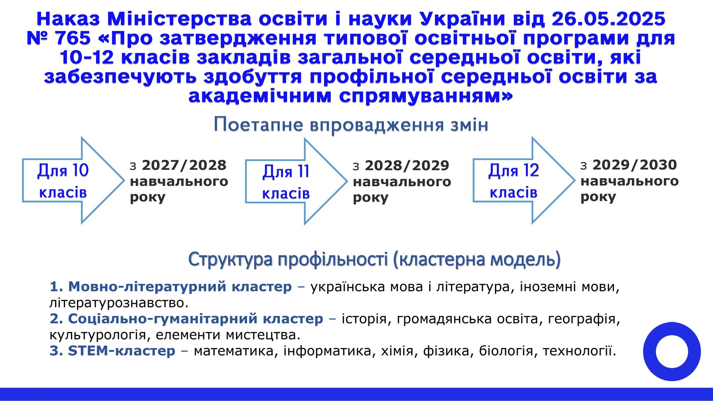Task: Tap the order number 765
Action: click(x=73, y=38)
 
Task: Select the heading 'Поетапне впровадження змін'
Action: click(x=351, y=125)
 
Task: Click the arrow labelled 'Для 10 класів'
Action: click(x=73, y=180)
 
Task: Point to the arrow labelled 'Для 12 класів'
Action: click(x=524, y=180)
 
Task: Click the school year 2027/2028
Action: click(x=184, y=165)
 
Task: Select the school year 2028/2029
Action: click(x=407, y=166)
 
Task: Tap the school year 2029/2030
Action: click(x=635, y=165)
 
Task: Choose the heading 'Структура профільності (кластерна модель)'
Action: click(x=375, y=259)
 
